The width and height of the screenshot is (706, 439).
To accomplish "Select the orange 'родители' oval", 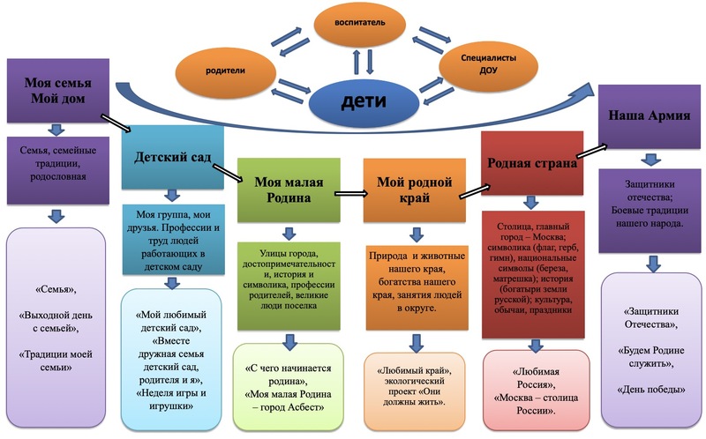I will pyautogui.click(x=226, y=68).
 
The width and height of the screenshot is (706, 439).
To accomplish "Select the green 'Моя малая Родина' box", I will pyautogui.click(x=289, y=190).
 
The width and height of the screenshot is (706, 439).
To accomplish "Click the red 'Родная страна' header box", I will pyautogui.click(x=532, y=163).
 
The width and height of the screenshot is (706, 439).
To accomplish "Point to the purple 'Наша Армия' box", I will pyautogui.click(x=650, y=115).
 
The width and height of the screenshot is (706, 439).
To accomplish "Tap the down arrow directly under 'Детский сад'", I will pyautogui.click(x=173, y=195).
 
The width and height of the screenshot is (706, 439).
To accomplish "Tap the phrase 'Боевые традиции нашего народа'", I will pyautogui.click(x=650, y=216).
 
